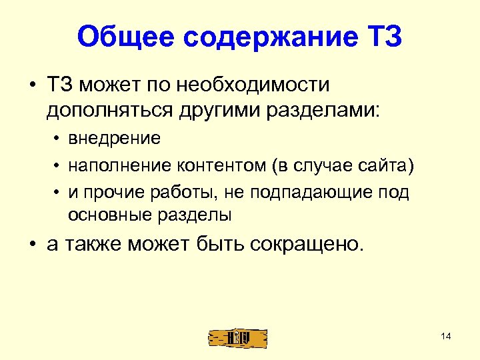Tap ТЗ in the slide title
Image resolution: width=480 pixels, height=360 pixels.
point(383,37)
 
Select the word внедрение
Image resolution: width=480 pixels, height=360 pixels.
point(113,138)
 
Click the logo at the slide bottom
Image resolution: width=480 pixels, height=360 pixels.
point(238,337)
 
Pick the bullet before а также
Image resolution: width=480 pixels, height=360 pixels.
point(31,243)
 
